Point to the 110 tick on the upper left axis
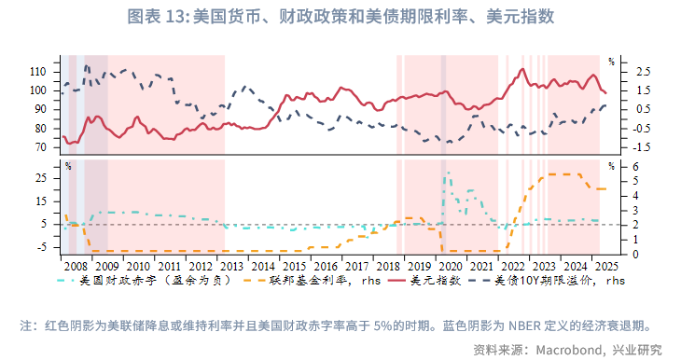[45, 71]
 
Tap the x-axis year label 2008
[75, 265]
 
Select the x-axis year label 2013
[228, 265]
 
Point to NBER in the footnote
[521, 326]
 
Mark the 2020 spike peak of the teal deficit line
[446, 173]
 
